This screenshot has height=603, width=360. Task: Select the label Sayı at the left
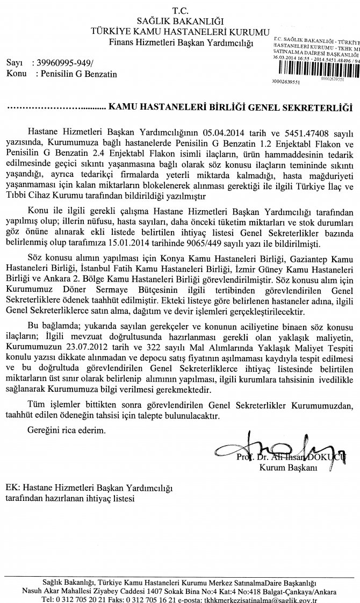pos(13,63)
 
